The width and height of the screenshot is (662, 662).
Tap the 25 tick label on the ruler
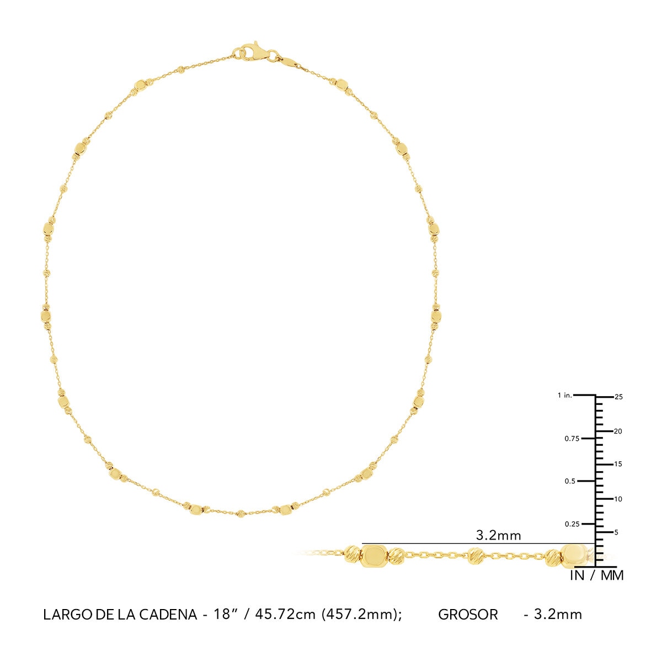[x=618, y=397]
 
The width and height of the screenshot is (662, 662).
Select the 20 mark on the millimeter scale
[x=618, y=431]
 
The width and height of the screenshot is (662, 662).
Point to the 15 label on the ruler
[x=618, y=465]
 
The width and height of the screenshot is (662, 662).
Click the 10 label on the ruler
[x=618, y=499]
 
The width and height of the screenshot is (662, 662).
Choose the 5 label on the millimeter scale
[x=616, y=532]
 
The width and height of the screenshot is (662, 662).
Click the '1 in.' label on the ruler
[x=565, y=396]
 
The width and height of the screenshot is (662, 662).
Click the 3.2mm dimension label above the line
[x=498, y=535]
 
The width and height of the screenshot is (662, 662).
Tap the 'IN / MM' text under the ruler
[x=596, y=575]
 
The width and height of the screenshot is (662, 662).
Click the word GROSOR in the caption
[x=468, y=615]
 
